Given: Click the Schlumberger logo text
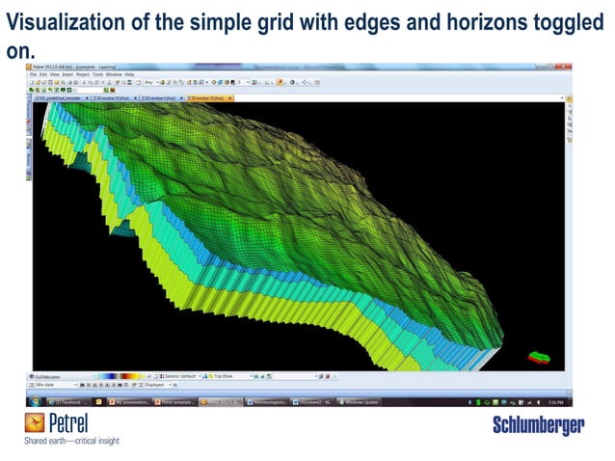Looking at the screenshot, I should click(x=538, y=426).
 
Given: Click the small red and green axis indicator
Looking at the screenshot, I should click(x=541, y=356).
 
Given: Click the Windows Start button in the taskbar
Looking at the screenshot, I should click(x=37, y=401).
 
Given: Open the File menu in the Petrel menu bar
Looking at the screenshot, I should click(x=34, y=74).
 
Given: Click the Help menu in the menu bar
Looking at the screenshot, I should click(x=129, y=74).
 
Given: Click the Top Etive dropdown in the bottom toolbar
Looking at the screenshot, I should click(x=236, y=375).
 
